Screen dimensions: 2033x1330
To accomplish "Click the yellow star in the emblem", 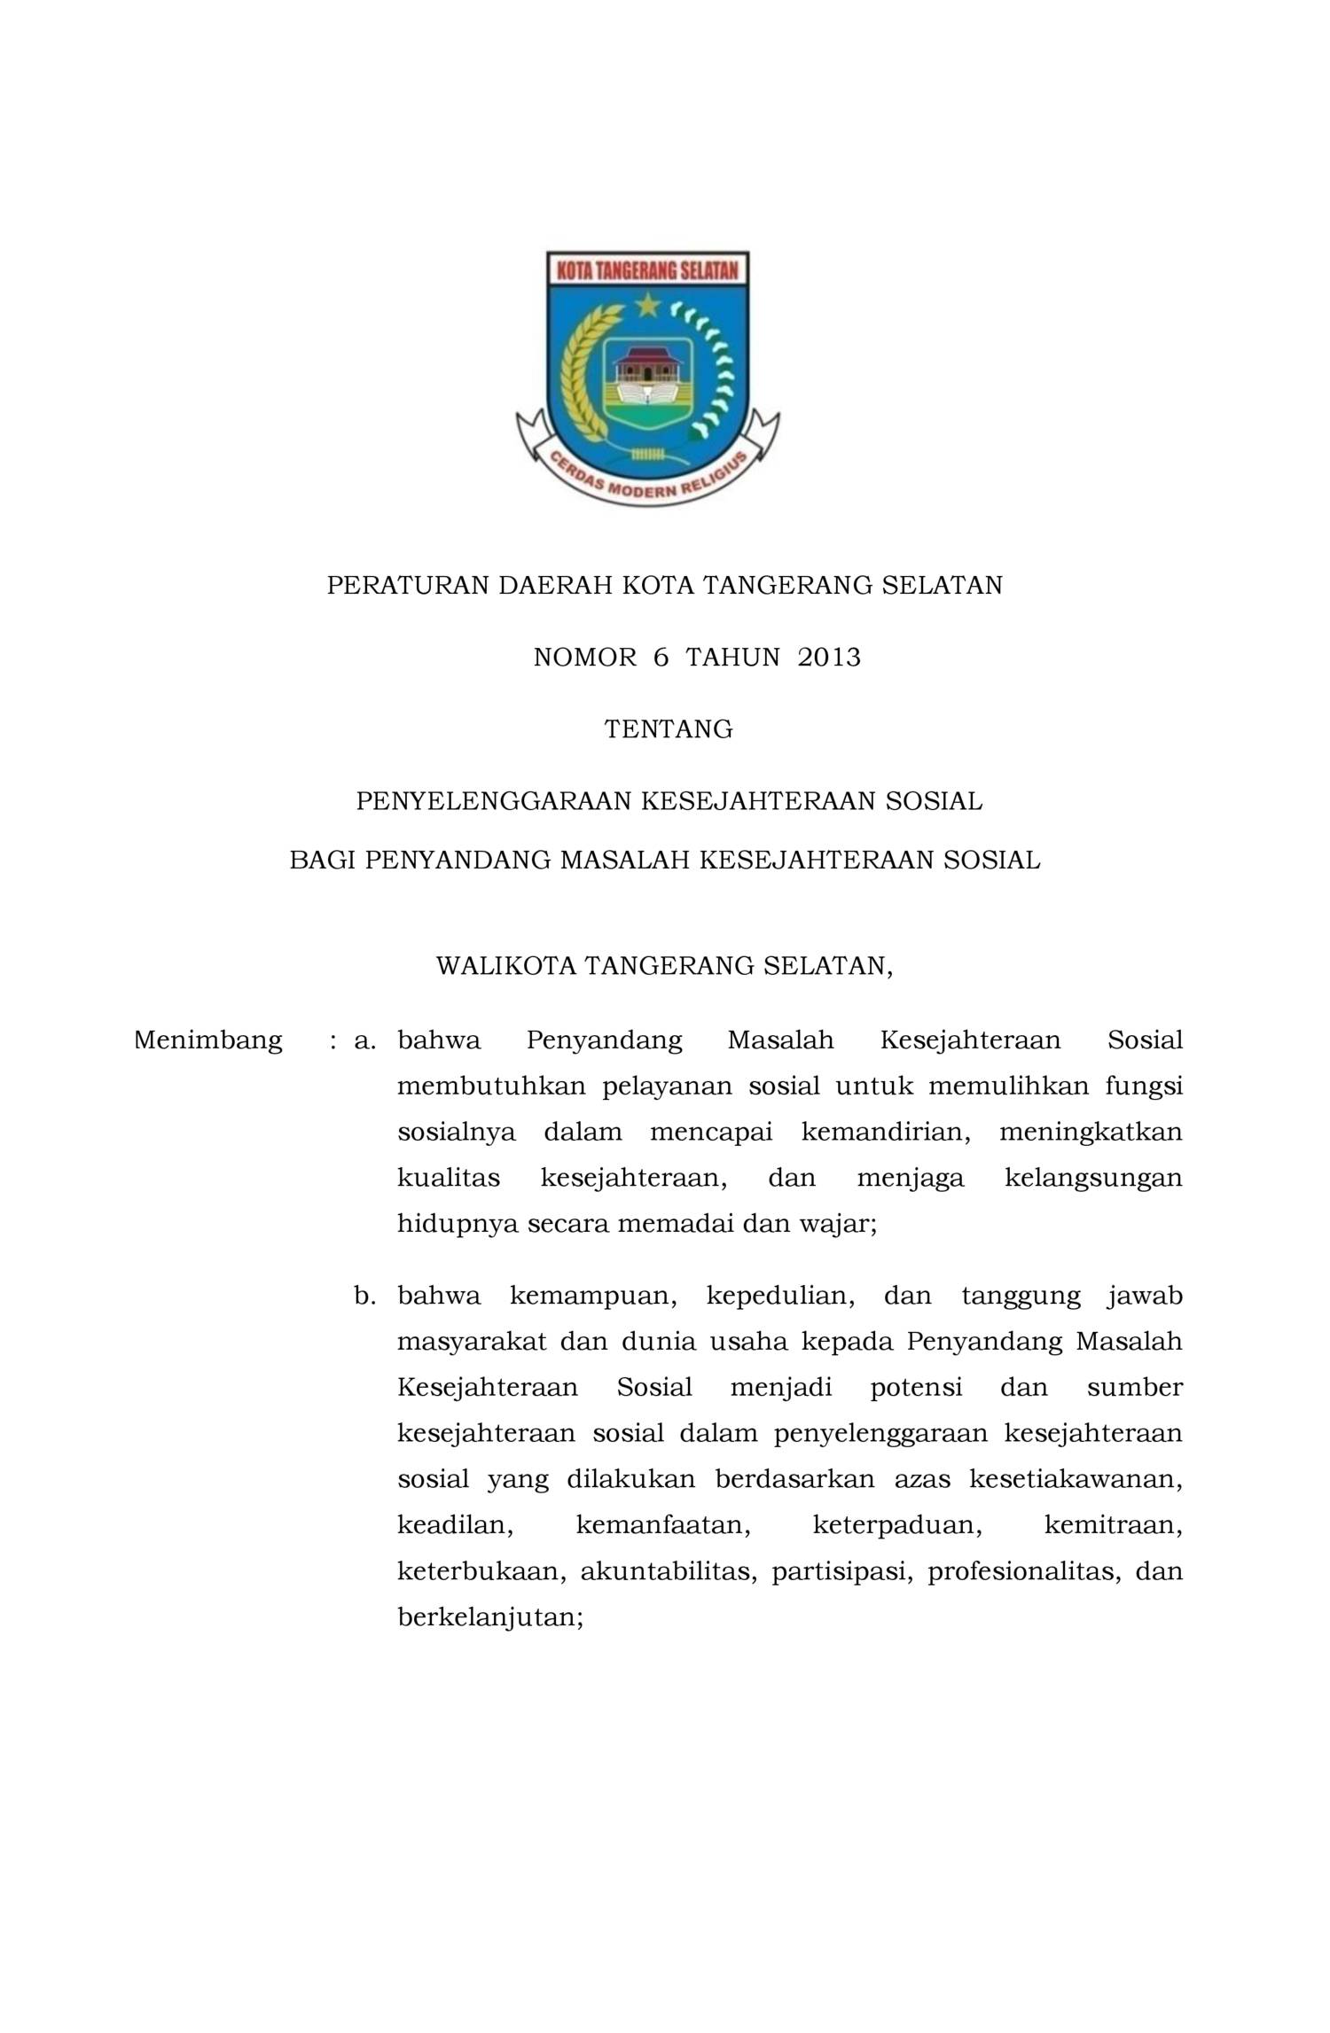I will pos(646,307).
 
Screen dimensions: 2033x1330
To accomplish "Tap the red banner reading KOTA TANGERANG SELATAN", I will pos(646,269).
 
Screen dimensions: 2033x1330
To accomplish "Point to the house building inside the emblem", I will pos(646,362).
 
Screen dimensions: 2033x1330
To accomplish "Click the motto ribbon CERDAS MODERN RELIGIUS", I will pos(647,482).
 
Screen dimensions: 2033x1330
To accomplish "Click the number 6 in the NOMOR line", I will pos(660,658).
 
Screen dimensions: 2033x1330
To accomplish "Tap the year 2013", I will pos(828,658).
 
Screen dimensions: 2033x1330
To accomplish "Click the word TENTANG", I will pos(669,729).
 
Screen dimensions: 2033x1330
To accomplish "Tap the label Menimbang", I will pos(208,1040).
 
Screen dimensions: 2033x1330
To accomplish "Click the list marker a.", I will pos(364,1040).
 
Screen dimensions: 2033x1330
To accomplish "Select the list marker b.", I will pos(364,1297).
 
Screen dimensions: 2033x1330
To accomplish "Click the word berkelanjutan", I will pos(489,1617).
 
